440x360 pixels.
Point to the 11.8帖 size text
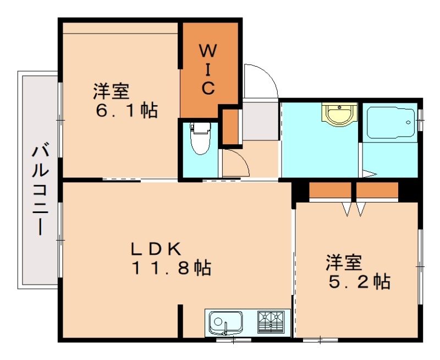[170, 268]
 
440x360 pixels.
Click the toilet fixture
[199, 138]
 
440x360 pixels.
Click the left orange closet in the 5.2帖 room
[329, 190]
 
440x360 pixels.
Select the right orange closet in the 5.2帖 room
[377, 190]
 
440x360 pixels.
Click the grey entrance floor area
[260, 119]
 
